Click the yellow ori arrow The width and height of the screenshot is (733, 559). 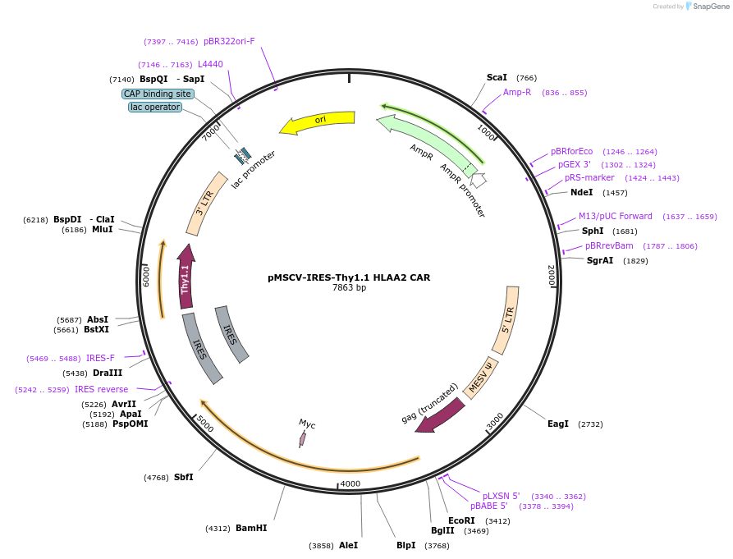[x=318, y=121]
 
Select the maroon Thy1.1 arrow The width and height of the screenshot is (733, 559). [x=186, y=277]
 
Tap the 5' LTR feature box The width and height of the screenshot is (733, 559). [x=506, y=319]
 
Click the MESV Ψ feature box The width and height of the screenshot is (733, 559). [x=481, y=378]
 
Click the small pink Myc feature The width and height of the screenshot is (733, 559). [x=302, y=439]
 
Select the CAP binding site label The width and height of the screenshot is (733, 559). [x=158, y=94]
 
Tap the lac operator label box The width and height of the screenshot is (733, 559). [x=155, y=107]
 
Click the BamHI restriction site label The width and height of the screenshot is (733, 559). [x=251, y=528]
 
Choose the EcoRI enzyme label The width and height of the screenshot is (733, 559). [x=461, y=520]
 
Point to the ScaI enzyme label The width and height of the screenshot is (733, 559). [x=497, y=78]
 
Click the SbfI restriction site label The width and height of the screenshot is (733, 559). [x=183, y=477]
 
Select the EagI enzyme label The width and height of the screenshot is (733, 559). [x=558, y=424]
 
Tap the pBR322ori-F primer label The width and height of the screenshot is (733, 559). [x=229, y=42]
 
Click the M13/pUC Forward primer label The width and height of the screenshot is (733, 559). [x=615, y=217]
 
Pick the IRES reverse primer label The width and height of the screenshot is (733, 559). [x=102, y=389]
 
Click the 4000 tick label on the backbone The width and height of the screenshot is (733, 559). [x=350, y=483]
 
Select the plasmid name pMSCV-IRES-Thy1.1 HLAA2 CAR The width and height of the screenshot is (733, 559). [x=349, y=277]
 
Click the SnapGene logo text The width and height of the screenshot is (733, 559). [x=711, y=7]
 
